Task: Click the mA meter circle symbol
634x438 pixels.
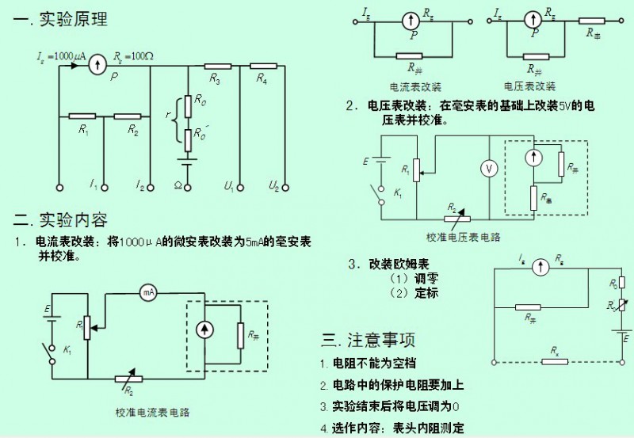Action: point(147,292)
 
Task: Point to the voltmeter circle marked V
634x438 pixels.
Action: point(490,168)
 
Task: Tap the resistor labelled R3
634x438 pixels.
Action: point(216,66)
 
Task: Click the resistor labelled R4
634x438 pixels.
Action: point(264,66)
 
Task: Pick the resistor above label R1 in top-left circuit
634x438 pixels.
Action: point(83,116)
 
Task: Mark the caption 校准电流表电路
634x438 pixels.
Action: point(153,412)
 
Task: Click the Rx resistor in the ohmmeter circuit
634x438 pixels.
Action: point(555,361)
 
